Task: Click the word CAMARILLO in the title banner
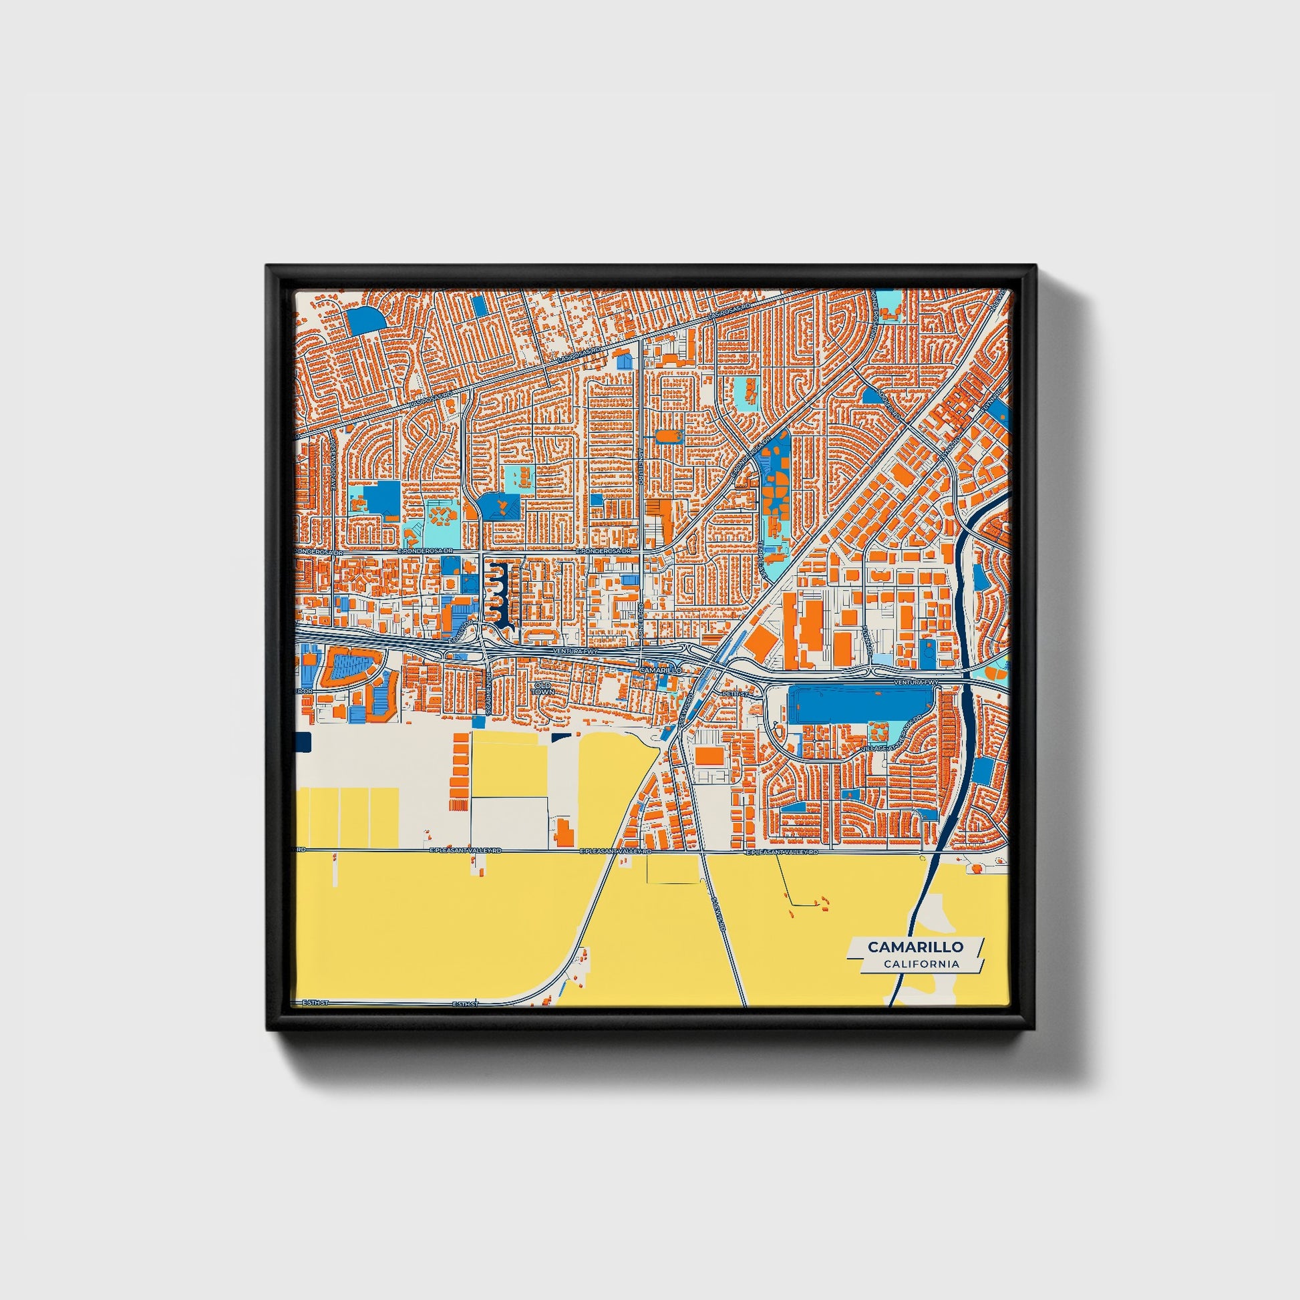pyautogui.click(x=915, y=947)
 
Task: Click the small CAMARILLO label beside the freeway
pyautogui.click(x=660, y=671)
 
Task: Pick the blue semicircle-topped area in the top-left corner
pyautogui.click(x=364, y=320)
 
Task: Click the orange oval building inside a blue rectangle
pyautogui.click(x=669, y=437)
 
